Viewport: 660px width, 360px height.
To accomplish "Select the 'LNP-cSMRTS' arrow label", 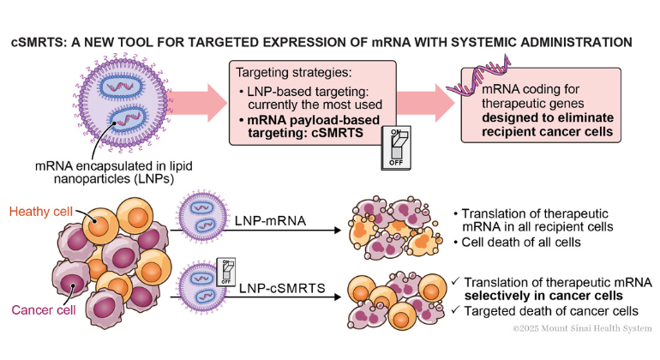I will pos(275,289).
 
